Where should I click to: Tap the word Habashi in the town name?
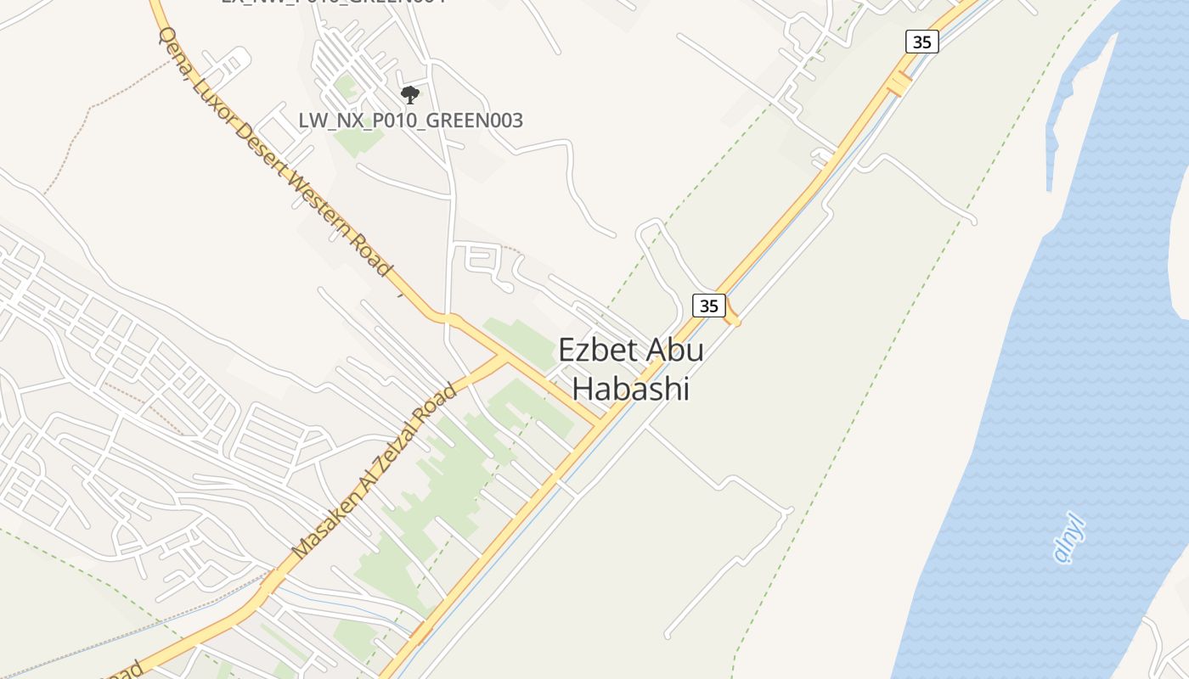(629, 389)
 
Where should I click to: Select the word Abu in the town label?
(675, 350)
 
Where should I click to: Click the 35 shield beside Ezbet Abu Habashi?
(708, 306)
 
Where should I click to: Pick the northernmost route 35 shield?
(921, 42)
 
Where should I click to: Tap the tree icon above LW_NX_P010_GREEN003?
(410, 94)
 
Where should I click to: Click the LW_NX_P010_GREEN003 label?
(410, 121)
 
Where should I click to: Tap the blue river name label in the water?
(1069, 540)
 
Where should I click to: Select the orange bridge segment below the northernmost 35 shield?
(898, 84)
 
